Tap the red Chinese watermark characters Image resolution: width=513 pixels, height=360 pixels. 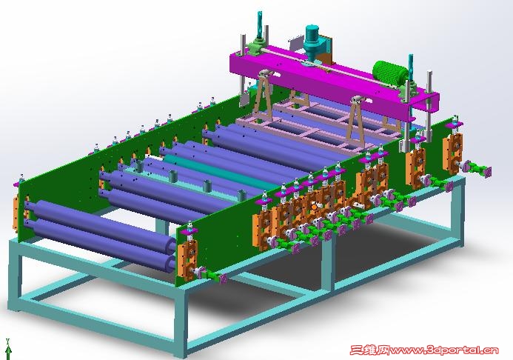point(369,350)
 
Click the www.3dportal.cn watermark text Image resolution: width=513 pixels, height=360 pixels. point(444,350)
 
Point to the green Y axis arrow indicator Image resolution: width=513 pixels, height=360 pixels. point(8,349)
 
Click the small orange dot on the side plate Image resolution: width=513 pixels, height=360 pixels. point(314,207)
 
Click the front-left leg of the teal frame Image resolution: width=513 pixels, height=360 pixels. point(15,279)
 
